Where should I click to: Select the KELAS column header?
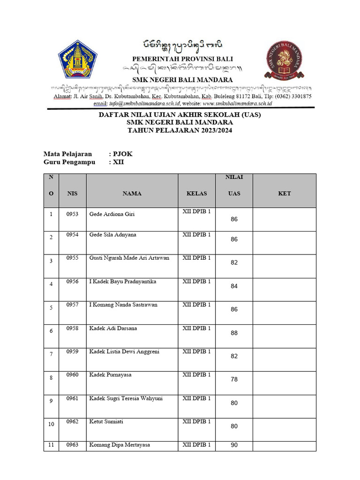tap(197, 193)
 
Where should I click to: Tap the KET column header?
tap(284, 193)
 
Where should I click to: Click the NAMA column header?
tap(132, 193)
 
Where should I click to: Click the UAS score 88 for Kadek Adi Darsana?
tap(234, 333)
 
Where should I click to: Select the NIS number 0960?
tap(72, 375)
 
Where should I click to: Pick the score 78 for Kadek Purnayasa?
tap(234, 380)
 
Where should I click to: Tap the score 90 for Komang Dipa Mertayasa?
tap(234, 445)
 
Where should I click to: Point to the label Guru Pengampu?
tap(69, 162)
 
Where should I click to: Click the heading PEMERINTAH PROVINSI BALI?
tap(182, 59)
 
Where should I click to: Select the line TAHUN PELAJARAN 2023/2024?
tap(180, 130)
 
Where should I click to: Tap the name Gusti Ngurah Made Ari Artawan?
tap(129, 258)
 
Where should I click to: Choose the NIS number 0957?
tap(72, 305)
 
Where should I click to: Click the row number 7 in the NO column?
tap(51, 354)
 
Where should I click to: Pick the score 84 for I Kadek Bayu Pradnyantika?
tap(234, 286)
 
